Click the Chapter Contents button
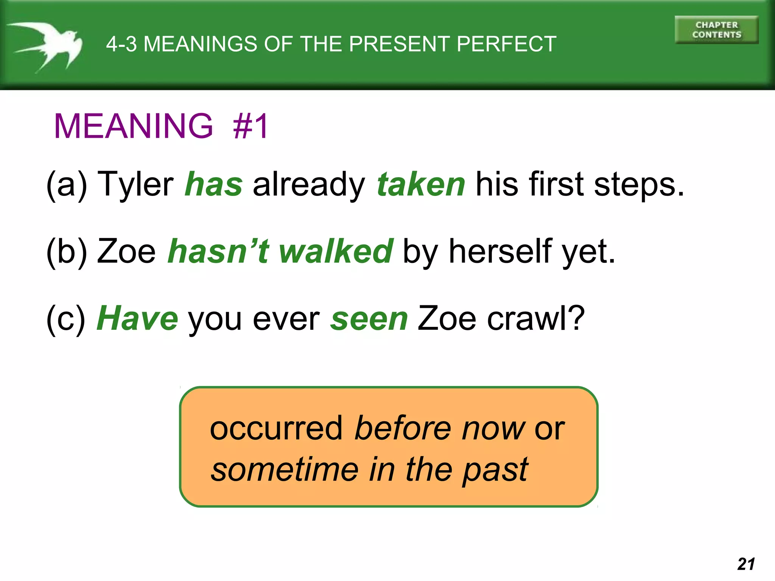[716, 30]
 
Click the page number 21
[746, 564]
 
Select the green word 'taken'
[421, 185]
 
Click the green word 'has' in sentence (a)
[213, 185]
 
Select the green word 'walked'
[336, 252]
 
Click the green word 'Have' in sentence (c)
[137, 319]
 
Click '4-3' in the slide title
[121, 44]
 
